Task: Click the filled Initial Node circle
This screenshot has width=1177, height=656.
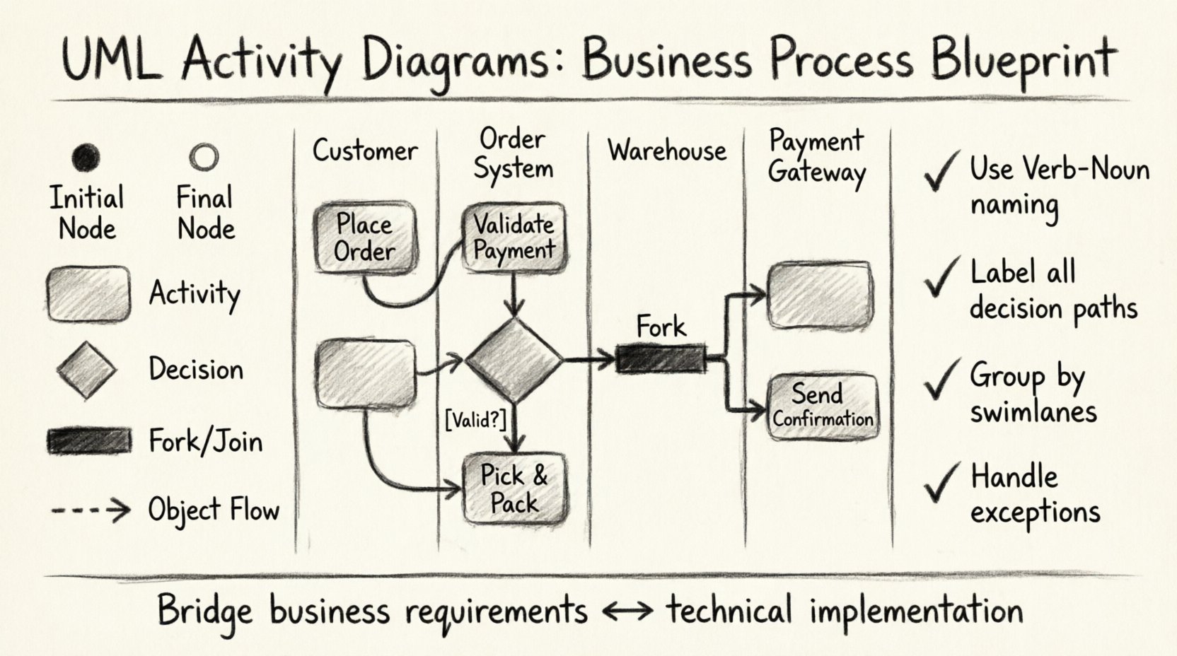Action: pyautogui.click(x=86, y=157)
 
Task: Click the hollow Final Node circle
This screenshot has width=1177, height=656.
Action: pyautogui.click(x=204, y=157)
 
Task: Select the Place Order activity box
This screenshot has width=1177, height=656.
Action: pyautogui.click(x=364, y=238)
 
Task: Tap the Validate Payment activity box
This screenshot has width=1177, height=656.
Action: pyautogui.click(x=514, y=237)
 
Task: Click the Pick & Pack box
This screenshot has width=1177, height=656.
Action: pyautogui.click(x=514, y=489)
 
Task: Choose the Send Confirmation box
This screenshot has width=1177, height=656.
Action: pyautogui.click(x=823, y=406)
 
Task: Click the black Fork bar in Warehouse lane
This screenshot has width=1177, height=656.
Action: pyautogui.click(x=661, y=359)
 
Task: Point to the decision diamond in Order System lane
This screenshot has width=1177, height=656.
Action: pyautogui.click(x=514, y=360)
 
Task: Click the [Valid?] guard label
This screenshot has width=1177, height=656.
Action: pyautogui.click(x=475, y=420)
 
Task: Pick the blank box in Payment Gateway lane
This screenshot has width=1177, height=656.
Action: pyautogui.click(x=821, y=295)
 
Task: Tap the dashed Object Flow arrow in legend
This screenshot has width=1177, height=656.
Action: pyautogui.click(x=91, y=510)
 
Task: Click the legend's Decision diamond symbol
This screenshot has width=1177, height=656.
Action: pyautogui.click(x=86, y=370)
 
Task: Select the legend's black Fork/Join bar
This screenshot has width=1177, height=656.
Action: pyautogui.click(x=89, y=441)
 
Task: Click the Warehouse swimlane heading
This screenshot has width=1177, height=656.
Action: pyautogui.click(x=666, y=151)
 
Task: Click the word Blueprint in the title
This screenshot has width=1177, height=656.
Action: pyautogui.click(x=1023, y=60)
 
